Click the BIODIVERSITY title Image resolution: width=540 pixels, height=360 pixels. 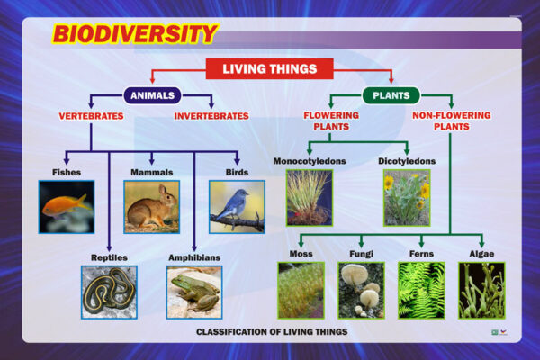pyautogui.click(x=135, y=34)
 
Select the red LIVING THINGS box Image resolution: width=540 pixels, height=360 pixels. pyautogui.click(x=270, y=69)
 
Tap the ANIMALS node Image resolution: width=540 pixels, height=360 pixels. pyautogui.click(x=152, y=95)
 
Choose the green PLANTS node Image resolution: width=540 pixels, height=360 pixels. pyautogui.click(x=391, y=95)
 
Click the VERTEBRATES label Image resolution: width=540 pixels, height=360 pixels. pyautogui.click(x=91, y=116)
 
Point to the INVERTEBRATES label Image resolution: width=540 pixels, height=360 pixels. pyautogui.click(x=211, y=116)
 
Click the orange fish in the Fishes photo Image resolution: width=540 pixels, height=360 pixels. pyautogui.click(x=65, y=206)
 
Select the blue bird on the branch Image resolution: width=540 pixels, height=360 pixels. pyautogui.click(x=231, y=205)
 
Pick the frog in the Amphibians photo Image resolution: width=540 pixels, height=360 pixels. pyautogui.click(x=195, y=292)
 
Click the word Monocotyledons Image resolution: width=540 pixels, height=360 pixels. pyautogui.click(x=310, y=161)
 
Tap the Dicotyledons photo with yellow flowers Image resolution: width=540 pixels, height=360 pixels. pyautogui.click(x=407, y=198)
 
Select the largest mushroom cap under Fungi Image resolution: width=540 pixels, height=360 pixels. pyautogui.click(x=355, y=274)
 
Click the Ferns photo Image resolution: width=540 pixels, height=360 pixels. pyautogui.click(x=421, y=290)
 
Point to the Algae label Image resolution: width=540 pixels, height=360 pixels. pyautogui.click(x=481, y=254)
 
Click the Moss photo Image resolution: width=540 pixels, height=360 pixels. pyautogui.click(x=301, y=290)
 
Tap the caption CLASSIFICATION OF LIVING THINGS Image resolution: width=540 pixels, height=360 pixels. pyautogui.click(x=272, y=332)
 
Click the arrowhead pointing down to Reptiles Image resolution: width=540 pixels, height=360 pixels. pyautogui.click(x=109, y=248)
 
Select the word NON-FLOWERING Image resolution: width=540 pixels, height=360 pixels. pyautogui.click(x=452, y=115)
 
